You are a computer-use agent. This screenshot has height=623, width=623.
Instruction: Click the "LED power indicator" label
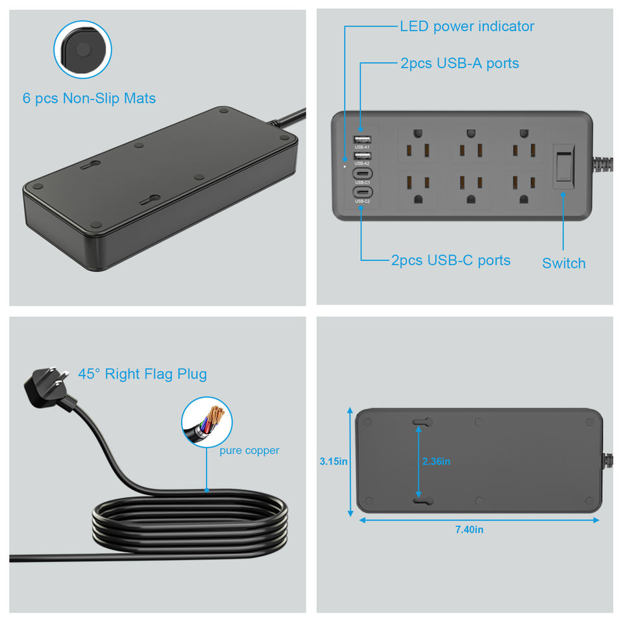click(x=467, y=27)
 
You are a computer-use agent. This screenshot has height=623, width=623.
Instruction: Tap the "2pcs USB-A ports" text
click(x=459, y=64)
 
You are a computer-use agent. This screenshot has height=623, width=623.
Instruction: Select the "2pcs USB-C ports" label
click(x=450, y=260)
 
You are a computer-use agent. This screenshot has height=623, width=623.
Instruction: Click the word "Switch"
click(x=563, y=263)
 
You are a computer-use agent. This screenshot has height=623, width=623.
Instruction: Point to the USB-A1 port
click(x=361, y=140)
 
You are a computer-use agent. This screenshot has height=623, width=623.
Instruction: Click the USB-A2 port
click(x=361, y=156)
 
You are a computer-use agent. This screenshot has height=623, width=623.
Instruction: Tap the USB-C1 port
click(x=361, y=174)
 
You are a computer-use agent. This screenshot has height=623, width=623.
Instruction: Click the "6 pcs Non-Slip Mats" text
click(x=89, y=99)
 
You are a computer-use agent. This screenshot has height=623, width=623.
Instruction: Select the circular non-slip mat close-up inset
click(x=82, y=50)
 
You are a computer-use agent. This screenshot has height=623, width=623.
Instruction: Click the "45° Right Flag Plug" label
click(x=142, y=374)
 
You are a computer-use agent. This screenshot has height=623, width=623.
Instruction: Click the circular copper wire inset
click(x=206, y=421)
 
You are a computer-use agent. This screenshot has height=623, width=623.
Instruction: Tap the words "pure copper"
click(x=249, y=450)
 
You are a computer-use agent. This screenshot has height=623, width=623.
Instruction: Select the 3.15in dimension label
click(x=334, y=462)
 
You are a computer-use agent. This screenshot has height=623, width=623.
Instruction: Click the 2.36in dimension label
click(x=436, y=462)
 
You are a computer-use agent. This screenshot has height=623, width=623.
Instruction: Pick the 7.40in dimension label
click(x=469, y=530)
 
